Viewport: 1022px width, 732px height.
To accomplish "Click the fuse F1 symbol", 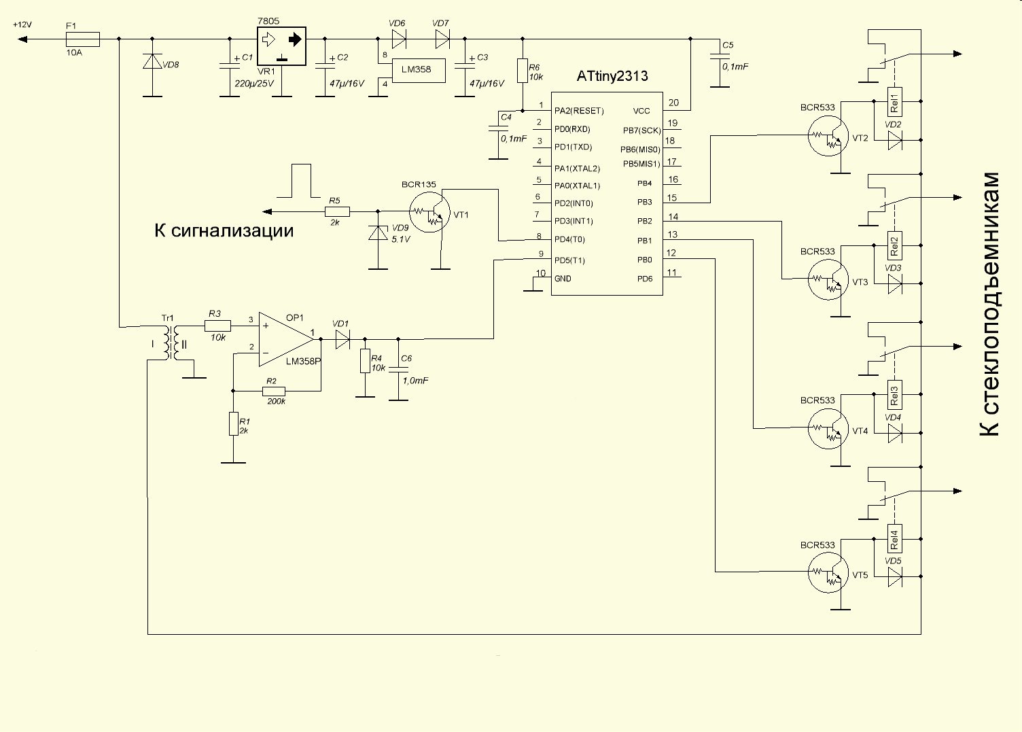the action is coord(83,39).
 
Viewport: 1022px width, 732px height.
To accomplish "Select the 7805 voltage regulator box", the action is coord(281,46).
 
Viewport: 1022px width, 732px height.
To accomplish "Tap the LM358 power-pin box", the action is coord(419,70).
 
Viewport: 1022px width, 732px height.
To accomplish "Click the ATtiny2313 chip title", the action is coord(612,75).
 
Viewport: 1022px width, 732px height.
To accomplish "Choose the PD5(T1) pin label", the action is coord(569,260).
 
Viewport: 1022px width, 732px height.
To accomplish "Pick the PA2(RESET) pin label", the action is coord(579,111).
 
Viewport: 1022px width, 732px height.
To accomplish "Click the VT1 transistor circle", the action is coord(429,212).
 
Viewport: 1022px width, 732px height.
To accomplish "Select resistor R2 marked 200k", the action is coord(274,391).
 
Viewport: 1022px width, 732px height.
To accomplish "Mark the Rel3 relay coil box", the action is coord(894,394).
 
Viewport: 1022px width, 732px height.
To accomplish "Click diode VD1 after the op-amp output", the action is coord(342,339).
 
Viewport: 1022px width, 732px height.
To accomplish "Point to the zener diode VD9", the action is coord(378,232).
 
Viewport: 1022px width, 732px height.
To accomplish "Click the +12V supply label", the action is coord(22,24).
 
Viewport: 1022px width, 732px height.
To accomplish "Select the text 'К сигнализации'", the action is coord(224,230).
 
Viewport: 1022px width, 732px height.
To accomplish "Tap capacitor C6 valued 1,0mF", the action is coord(398,369).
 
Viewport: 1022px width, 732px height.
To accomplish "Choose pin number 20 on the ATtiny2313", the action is coord(673,103).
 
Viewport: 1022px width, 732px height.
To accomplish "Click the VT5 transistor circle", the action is coord(828,572).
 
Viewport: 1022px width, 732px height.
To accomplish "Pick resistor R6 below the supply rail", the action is coord(523,71).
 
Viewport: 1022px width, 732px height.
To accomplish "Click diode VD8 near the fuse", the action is coord(152,61).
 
